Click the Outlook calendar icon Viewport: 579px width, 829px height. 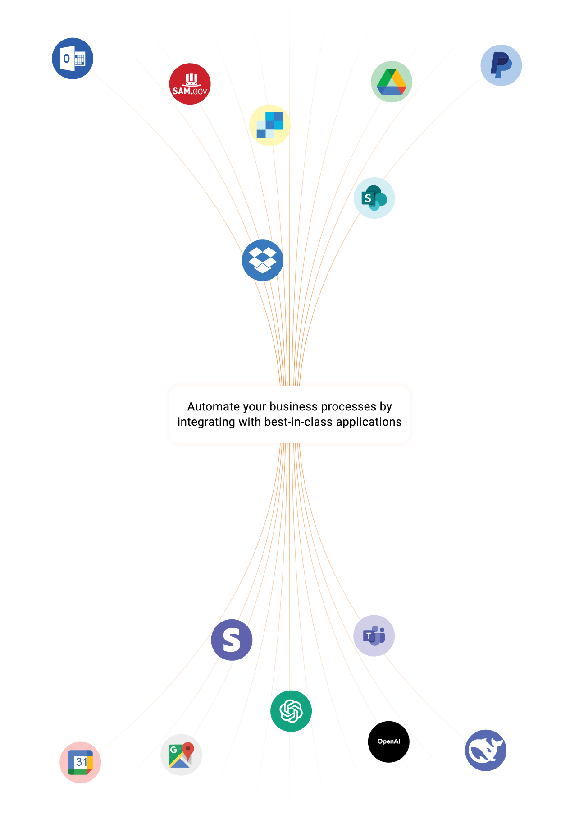[x=73, y=59]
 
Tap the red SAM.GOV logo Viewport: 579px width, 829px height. [x=190, y=84]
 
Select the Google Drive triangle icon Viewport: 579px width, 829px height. [x=391, y=82]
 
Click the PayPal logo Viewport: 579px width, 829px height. [x=501, y=65]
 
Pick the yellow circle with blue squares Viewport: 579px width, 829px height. [x=269, y=125]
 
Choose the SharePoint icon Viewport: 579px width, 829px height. [x=374, y=198]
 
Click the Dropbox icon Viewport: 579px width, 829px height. [x=262, y=260]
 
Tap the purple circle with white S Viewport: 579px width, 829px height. [x=232, y=640]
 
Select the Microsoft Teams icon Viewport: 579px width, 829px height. [x=374, y=636]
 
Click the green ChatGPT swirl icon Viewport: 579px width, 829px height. [x=291, y=711]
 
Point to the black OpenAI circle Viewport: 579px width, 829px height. [x=388, y=741]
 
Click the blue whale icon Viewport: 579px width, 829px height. [x=485, y=750]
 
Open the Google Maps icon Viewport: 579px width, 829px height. [x=181, y=755]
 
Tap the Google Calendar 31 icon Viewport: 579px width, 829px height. [x=80, y=762]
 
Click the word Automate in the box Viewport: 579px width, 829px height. [x=214, y=407]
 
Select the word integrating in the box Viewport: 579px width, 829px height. [x=206, y=422]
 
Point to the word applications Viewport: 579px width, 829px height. [x=369, y=422]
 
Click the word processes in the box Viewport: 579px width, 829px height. [x=348, y=407]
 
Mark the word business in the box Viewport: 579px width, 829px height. [x=293, y=407]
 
